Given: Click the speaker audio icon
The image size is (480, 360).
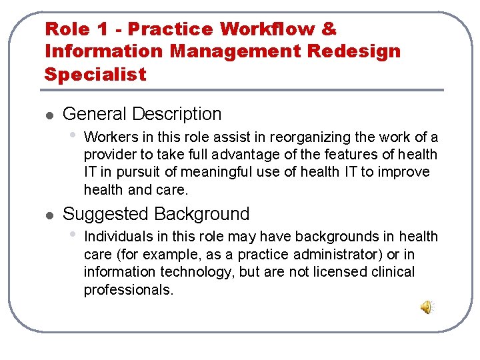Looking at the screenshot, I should (x=426, y=307).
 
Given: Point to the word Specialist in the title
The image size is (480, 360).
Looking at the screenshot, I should (x=95, y=74).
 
